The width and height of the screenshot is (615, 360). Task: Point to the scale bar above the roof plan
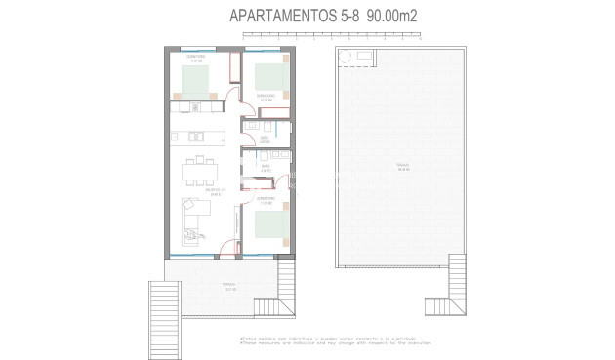tap(331, 37)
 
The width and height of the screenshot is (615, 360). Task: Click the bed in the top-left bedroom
tap(199, 81)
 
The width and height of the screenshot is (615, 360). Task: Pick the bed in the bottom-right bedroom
tap(269, 225)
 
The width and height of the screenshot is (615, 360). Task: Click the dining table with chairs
tap(201, 173)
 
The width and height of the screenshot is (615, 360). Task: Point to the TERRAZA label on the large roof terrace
tap(402, 167)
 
